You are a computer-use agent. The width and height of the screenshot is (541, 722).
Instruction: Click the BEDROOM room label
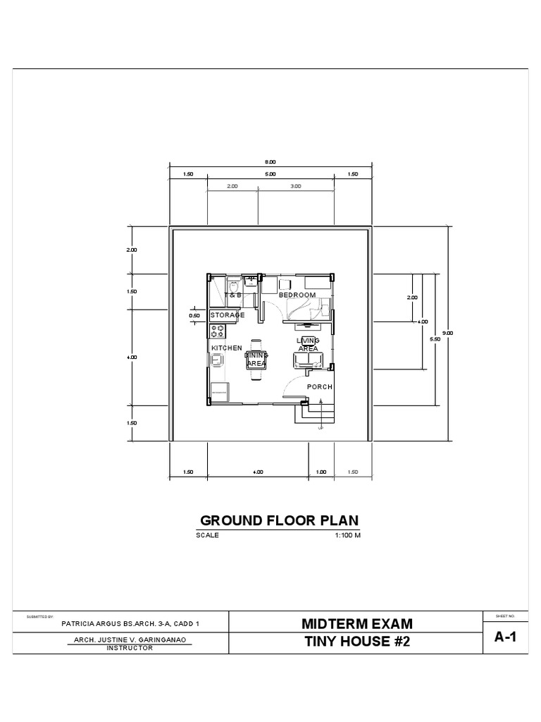(297, 295)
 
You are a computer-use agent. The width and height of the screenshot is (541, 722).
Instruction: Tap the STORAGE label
(227, 315)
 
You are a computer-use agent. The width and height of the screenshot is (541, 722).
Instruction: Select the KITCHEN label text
(227, 348)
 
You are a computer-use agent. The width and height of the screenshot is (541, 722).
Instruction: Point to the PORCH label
(319, 387)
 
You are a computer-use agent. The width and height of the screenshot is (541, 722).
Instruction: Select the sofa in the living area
(309, 361)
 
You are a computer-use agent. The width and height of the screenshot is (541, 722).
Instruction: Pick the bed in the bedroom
(308, 309)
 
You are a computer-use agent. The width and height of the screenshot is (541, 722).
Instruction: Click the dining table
(256, 360)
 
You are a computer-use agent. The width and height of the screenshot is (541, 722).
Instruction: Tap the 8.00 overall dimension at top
(270, 161)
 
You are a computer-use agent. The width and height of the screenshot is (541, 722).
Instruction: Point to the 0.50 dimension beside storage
(195, 316)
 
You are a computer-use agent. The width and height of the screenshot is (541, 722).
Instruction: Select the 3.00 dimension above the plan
(295, 186)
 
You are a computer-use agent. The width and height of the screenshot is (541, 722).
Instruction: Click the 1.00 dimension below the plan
(322, 472)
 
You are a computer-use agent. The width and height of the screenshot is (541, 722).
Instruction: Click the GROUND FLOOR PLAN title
(280, 521)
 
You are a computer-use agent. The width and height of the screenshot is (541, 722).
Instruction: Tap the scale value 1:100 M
(347, 535)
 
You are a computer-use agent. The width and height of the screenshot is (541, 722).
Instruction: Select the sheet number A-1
(505, 637)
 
